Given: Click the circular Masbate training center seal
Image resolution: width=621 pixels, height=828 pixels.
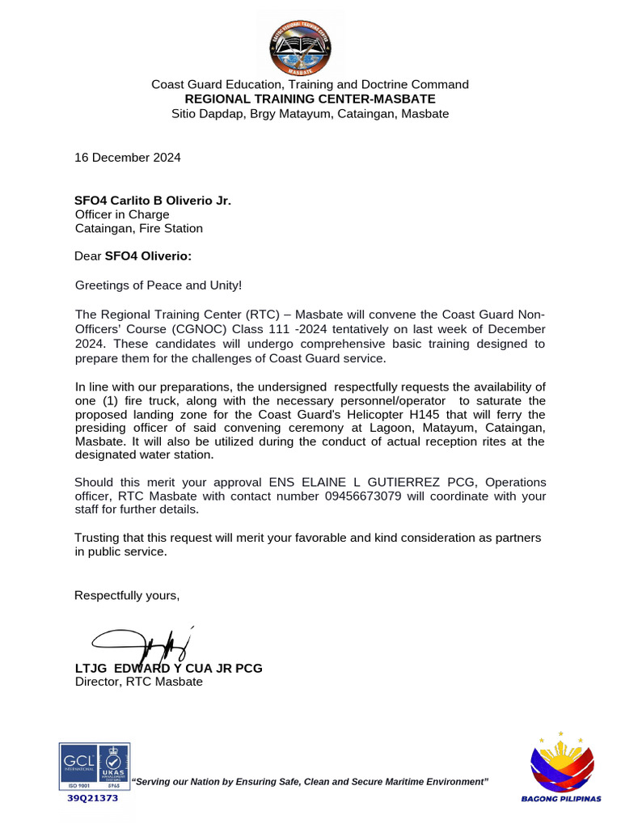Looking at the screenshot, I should coord(310,45).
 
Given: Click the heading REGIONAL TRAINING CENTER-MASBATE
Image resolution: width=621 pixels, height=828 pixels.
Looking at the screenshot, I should coord(310,99).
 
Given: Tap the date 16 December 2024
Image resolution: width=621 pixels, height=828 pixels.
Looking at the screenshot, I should coord(128,158).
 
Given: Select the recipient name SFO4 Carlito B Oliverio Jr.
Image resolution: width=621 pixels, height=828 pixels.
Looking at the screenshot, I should coord(153,200).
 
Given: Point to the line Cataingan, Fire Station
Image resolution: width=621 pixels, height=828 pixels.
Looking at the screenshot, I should coord(139,229).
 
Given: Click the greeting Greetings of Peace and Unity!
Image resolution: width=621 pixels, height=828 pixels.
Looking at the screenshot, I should coord(158,285).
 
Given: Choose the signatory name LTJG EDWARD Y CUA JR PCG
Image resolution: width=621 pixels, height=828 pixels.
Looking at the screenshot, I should coord(168,669).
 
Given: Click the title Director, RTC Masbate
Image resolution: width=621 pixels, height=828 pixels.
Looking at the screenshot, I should coord(138,682).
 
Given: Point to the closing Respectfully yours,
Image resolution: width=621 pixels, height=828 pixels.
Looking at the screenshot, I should coord(127,596).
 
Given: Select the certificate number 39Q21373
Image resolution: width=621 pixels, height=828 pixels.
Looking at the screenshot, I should coord(92,798).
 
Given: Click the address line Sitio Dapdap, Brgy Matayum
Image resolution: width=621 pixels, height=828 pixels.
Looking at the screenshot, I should coord(310,114).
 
